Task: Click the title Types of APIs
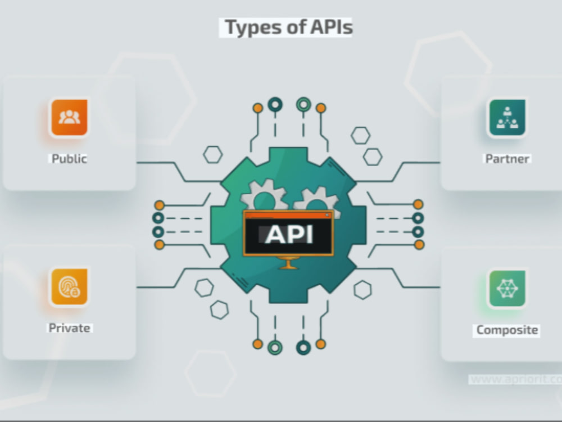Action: click(x=288, y=28)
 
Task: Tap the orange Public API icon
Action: click(x=69, y=118)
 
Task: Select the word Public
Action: click(x=69, y=159)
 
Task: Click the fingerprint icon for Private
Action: click(x=69, y=287)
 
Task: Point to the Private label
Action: click(x=69, y=328)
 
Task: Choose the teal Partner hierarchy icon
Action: click(x=507, y=118)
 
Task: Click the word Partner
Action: click(x=507, y=159)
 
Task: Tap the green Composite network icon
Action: click(x=507, y=289)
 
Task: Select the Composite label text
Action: click(x=507, y=330)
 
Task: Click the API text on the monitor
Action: click(x=289, y=235)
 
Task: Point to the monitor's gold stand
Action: click(x=289, y=263)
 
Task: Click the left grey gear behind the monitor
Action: click(x=265, y=196)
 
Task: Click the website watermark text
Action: click(x=515, y=379)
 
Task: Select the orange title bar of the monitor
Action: click(x=288, y=215)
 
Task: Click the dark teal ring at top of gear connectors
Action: click(x=275, y=105)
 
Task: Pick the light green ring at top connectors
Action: click(x=303, y=105)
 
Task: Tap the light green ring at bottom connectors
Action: click(x=275, y=347)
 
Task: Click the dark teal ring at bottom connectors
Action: click(x=303, y=347)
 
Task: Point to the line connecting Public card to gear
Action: click(x=179, y=172)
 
